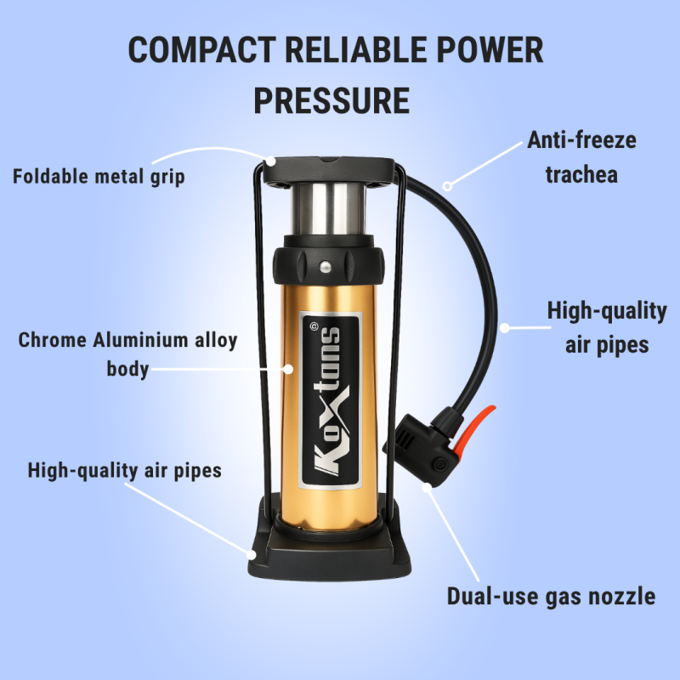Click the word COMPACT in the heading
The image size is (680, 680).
coord(202,50)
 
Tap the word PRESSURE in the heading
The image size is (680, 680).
coord(331,100)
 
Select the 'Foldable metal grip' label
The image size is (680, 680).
coord(99,177)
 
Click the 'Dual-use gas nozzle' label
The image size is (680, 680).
coord(551,597)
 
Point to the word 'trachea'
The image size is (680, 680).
coord(581,175)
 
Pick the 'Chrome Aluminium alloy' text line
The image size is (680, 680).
coord(128,340)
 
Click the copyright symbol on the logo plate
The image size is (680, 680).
coord(314,326)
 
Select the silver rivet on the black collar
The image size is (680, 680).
coord(326,266)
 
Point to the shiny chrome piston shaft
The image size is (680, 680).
coord(328,209)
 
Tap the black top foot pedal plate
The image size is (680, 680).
coord(329,171)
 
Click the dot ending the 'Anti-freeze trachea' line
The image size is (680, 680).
coord(448,186)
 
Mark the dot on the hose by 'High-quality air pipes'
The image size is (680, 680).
coord(504,328)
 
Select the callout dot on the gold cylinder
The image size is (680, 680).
coord(288,369)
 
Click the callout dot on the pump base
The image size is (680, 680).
coord(251,555)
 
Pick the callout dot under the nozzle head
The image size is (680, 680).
coord(428,487)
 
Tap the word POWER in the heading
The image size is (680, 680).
coord(490,50)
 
